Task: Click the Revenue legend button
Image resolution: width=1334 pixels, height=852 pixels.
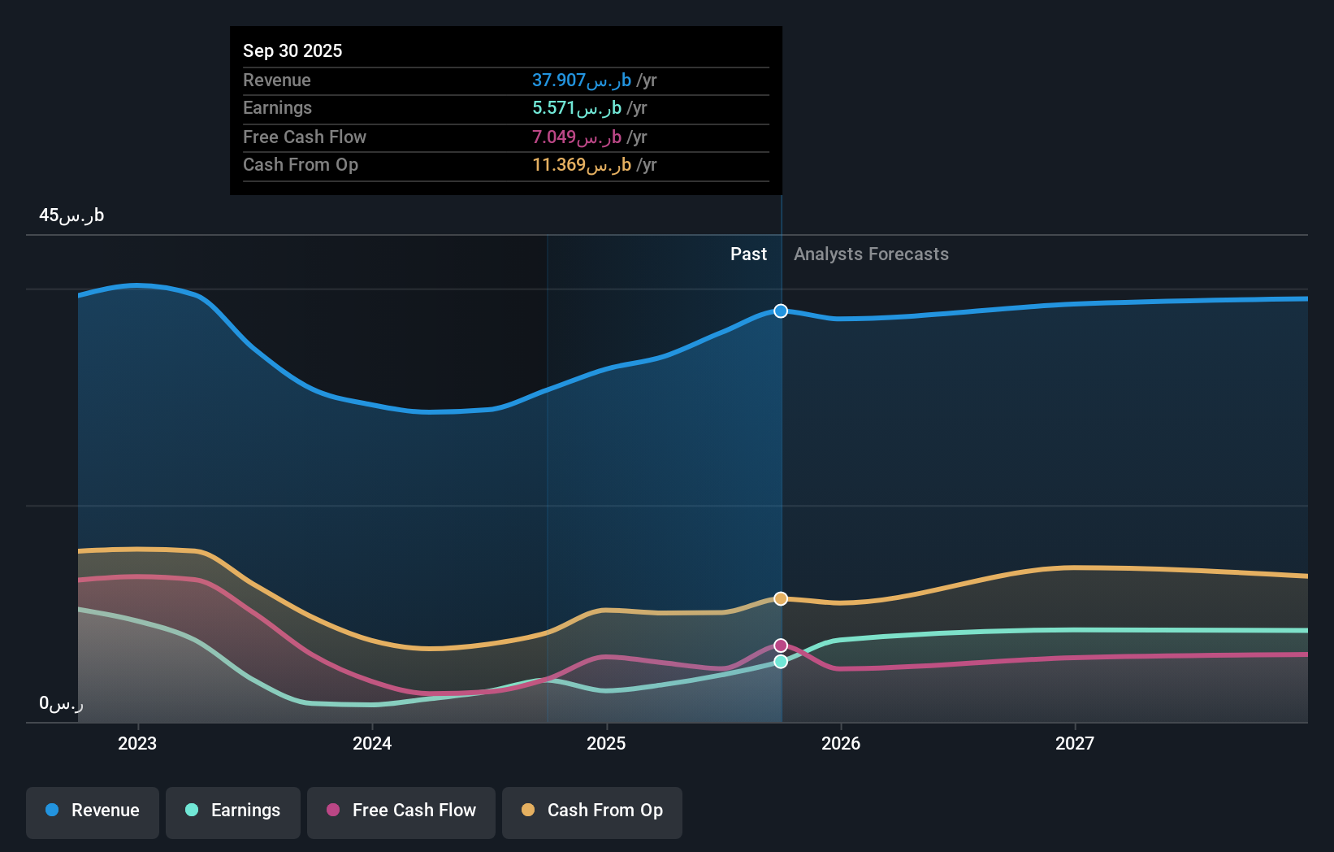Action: tap(93, 811)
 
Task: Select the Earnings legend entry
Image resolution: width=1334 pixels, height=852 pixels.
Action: tap(233, 811)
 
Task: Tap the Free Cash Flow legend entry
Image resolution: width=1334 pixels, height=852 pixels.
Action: tap(401, 811)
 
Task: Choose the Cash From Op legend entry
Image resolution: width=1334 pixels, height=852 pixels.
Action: tap(592, 811)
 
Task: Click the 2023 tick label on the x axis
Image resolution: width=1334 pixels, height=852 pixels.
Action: tap(137, 743)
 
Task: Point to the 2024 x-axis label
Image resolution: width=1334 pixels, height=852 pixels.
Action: tap(372, 743)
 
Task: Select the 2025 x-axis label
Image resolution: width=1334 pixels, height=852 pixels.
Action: tap(606, 743)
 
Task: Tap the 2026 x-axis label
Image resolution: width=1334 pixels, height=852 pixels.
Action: tap(841, 743)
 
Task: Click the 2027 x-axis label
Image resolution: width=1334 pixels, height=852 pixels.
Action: tap(1075, 743)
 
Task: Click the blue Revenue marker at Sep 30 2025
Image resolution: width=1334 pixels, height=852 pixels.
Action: tap(781, 311)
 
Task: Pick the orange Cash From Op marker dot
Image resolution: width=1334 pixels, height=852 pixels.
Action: tap(781, 599)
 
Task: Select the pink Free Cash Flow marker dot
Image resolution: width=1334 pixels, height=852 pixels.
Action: tap(781, 646)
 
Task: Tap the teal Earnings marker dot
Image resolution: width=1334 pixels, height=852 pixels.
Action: tap(781, 662)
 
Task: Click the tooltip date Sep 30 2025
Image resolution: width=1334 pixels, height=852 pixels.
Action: tap(292, 50)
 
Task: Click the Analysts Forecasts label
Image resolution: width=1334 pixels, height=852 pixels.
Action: tap(871, 254)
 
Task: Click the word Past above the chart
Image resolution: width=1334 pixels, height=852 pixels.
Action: tap(748, 254)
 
